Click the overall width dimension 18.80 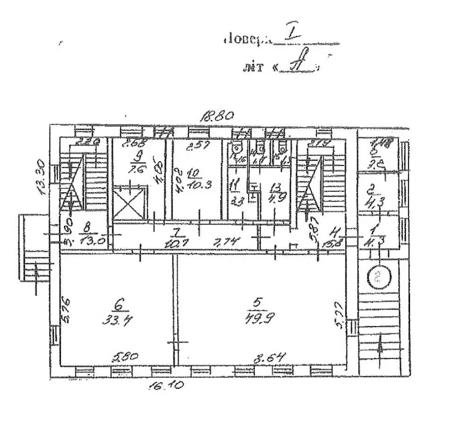click(216, 116)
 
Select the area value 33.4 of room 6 click(119, 321)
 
